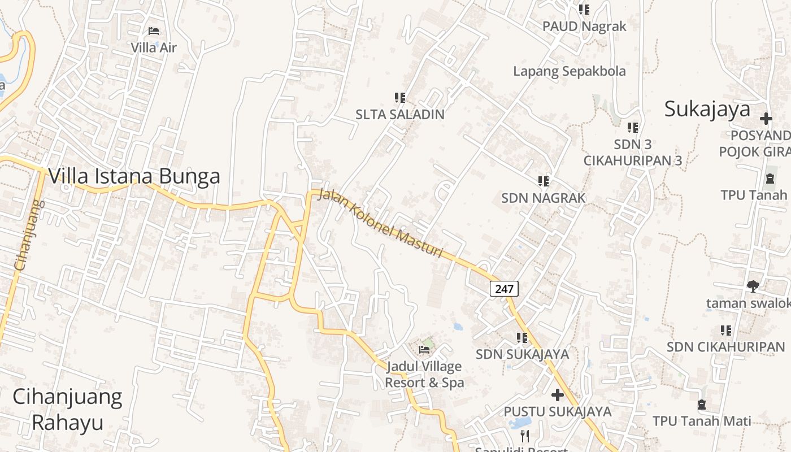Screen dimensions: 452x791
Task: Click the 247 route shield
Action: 503,289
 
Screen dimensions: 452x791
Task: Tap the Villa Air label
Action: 154,47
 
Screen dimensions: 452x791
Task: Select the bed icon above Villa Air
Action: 154,31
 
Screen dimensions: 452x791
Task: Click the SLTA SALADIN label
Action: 400,114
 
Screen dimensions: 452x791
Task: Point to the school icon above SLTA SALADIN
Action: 400,98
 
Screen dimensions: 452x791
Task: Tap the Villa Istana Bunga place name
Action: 134,176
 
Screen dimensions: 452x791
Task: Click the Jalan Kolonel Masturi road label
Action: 380,224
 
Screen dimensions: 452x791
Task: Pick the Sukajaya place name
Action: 707,109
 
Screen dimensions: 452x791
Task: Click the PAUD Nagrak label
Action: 584,27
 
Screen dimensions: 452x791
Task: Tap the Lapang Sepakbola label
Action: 570,71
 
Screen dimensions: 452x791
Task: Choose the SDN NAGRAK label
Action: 544,198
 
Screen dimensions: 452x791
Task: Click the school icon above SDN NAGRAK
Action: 544,181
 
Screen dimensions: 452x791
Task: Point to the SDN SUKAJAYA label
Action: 522,354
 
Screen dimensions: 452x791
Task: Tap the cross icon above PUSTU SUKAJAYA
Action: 558,394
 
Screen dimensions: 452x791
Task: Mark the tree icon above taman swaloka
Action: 753,286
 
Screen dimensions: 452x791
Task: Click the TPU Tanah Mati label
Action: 702,421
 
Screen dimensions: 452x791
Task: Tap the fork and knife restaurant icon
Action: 525,436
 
